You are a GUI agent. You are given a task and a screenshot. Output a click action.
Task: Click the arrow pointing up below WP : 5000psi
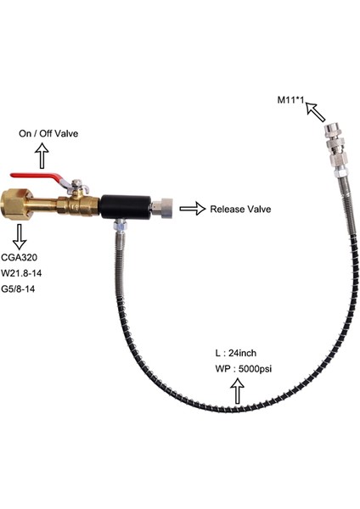tap(238, 392)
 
